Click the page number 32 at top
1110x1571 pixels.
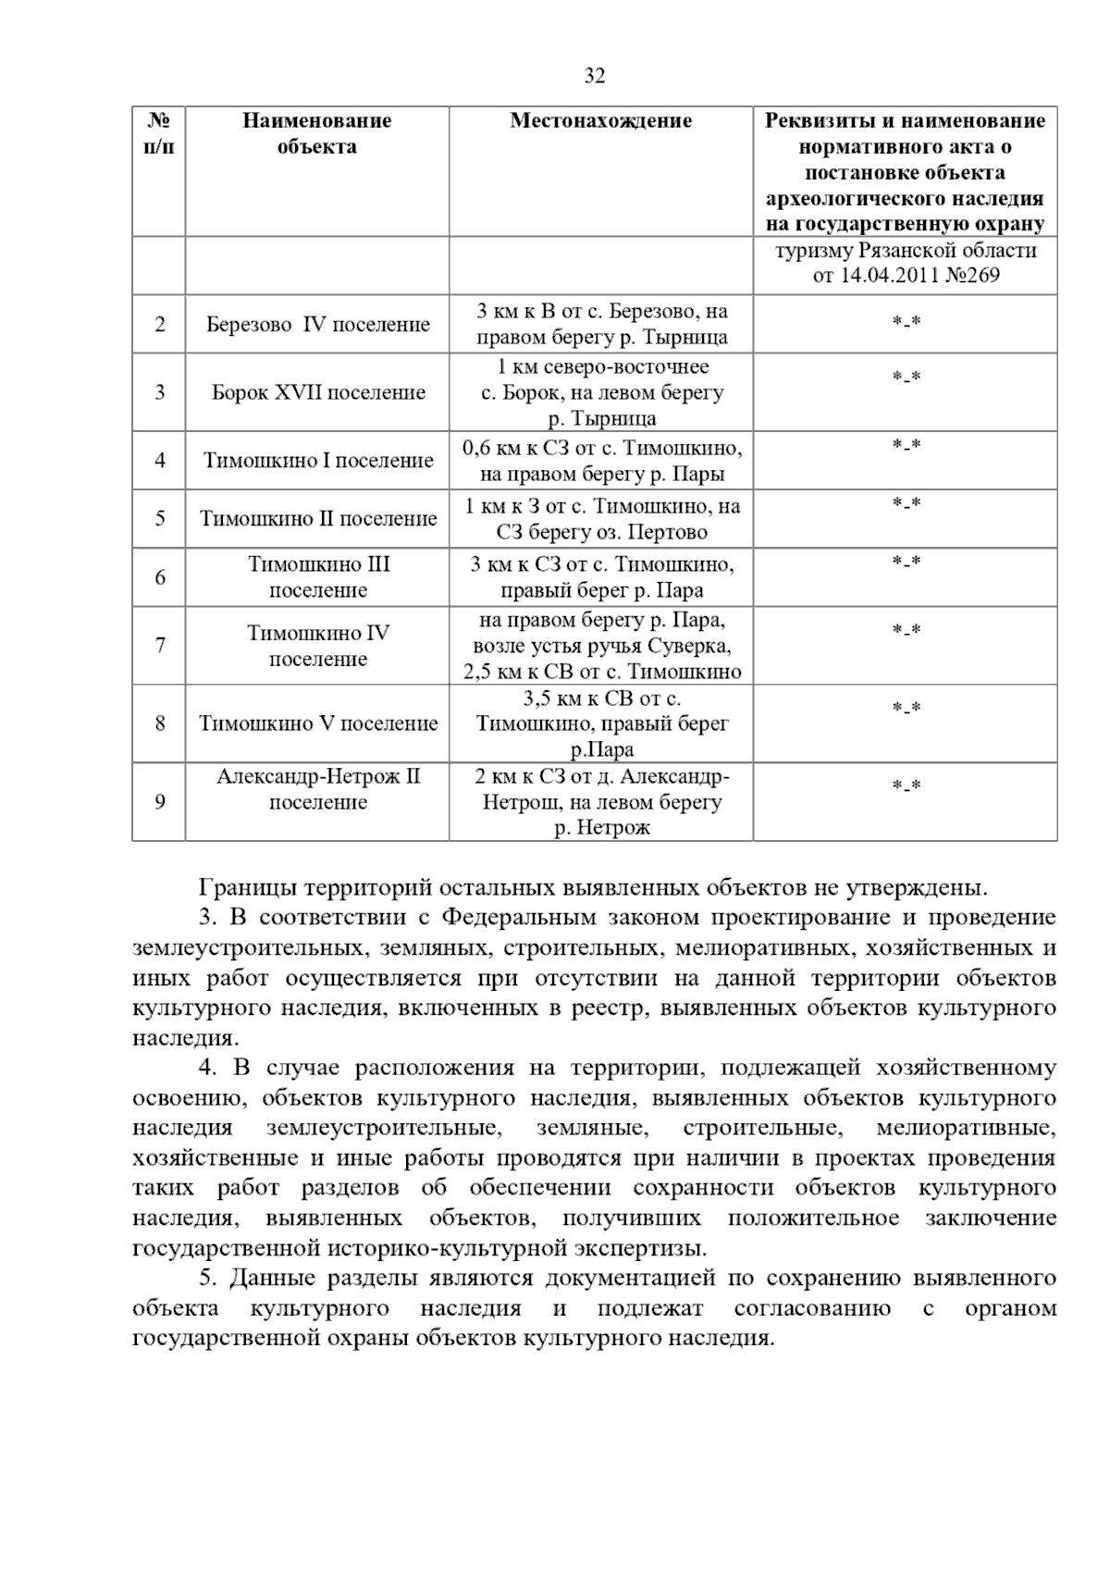coord(595,77)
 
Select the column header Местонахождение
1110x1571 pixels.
coord(600,120)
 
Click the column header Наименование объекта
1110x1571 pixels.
coord(317,133)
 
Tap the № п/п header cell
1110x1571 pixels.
coord(159,133)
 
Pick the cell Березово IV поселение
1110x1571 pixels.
coord(317,325)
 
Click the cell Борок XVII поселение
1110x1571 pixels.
coord(317,392)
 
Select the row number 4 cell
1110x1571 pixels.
coord(160,461)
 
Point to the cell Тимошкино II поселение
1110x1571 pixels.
coord(317,519)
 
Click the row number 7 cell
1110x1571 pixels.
coord(160,646)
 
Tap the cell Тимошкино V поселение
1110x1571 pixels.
coord(317,724)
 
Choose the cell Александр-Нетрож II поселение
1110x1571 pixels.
coord(317,789)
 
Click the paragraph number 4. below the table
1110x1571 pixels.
coord(207,1068)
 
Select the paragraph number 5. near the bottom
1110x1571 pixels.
coord(207,1279)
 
